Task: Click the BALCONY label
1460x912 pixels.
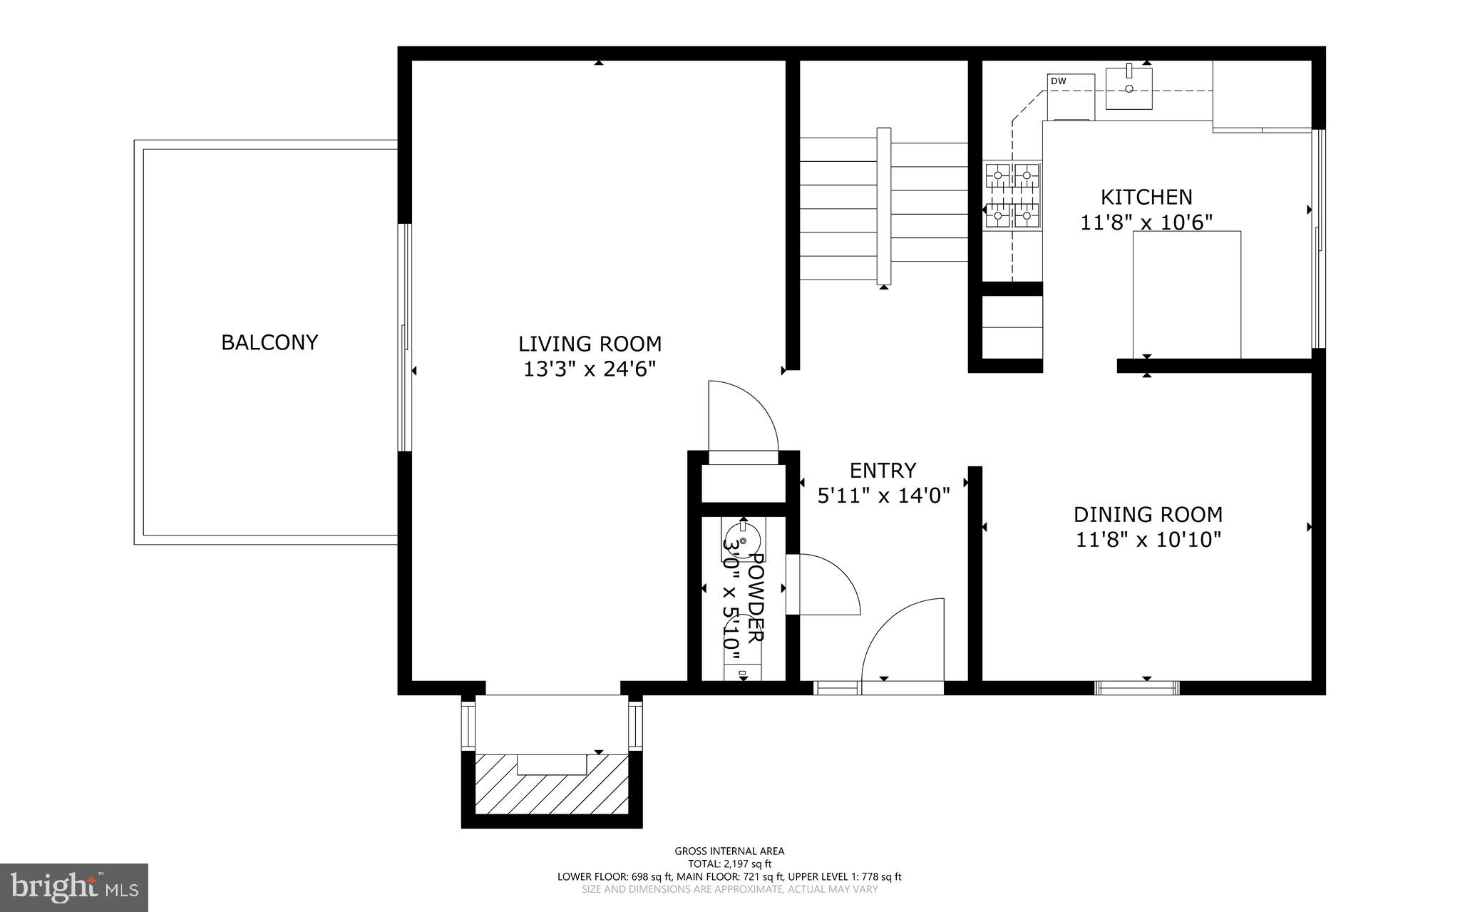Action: pyautogui.click(x=269, y=343)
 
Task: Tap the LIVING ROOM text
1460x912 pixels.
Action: pyautogui.click(x=590, y=344)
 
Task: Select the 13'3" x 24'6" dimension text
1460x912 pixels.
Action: pyautogui.click(x=590, y=369)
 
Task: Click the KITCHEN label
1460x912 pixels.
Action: pyautogui.click(x=1146, y=197)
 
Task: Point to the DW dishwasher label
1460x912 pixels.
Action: pyautogui.click(x=1059, y=81)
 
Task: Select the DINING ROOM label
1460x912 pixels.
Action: pyautogui.click(x=1148, y=514)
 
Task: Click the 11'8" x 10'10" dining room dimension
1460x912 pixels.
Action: pyautogui.click(x=1148, y=540)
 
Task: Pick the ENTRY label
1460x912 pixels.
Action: pyautogui.click(x=883, y=471)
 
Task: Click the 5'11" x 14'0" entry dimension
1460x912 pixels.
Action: pyautogui.click(x=883, y=496)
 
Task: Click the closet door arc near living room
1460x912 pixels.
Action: pyautogui.click(x=741, y=417)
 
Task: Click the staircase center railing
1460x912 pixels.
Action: pyautogui.click(x=884, y=207)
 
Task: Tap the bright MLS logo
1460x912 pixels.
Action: pyautogui.click(x=74, y=887)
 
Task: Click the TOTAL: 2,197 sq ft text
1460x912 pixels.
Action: pyautogui.click(x=729, y=864)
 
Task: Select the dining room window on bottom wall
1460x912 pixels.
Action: pyautogui.click(x=1136, y=688)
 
